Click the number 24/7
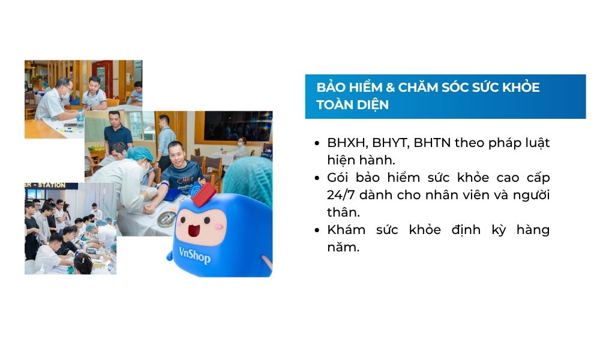[341, 195]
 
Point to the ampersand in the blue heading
[390, 87]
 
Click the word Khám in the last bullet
[346, 230]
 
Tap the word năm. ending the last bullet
[343, 247]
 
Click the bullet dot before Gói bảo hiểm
[317, 178]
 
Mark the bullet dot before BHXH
[317, 143]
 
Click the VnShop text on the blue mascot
[195, 255]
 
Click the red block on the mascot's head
[203, 194]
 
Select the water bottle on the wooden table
[80, 122]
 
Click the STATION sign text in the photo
[52, 185]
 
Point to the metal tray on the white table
[166, 219]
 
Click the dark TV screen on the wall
[237, 126]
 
